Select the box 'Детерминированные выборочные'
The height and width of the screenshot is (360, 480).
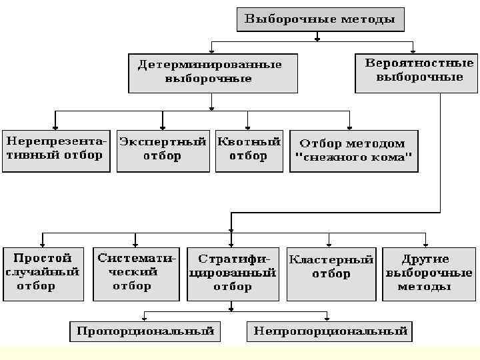tap(213, 72)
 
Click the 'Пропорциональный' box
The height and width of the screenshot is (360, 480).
tap(146, 331)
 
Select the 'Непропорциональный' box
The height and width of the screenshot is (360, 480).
tap(330, 331)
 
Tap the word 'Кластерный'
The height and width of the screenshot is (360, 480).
tap(331, 260)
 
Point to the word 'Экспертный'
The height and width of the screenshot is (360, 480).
tap(163, 142)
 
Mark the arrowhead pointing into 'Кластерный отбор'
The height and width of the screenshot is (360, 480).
tap(328, 243)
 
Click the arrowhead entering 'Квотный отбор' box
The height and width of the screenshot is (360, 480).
tap(248, 127)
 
